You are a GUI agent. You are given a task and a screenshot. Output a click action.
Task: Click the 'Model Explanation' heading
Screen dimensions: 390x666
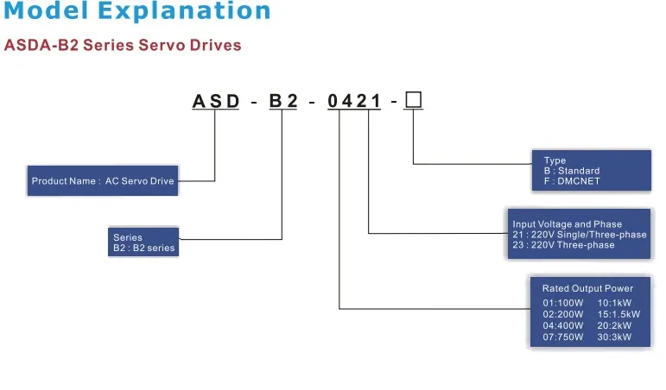tap(136, 13)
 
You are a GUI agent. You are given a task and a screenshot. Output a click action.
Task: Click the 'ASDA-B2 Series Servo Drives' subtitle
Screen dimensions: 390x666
tap(123, 45)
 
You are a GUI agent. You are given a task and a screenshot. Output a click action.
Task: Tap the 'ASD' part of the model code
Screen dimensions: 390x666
tap(215, 101)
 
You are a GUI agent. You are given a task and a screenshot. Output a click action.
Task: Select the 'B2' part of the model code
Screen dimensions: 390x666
tap(282, 101)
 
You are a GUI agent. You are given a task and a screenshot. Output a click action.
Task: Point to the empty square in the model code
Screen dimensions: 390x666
tap(414, 100)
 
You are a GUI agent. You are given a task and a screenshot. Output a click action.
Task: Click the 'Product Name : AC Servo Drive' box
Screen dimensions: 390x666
tap(103, 181)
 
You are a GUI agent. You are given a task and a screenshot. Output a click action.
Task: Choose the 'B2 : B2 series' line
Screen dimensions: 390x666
tap(144, 248)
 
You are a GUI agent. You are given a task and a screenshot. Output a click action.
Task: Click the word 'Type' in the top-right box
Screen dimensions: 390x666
tap(555, 160)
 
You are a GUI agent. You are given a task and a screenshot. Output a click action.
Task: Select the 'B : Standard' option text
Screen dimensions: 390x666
tap(572, 171)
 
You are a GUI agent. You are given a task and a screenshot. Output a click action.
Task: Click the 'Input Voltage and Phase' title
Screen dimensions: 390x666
tap(567, 224)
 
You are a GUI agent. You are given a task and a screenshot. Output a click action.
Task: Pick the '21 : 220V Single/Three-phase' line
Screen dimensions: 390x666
tap(580, 235)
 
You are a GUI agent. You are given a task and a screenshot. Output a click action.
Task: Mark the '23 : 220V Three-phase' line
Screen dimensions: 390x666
tap(563, 245)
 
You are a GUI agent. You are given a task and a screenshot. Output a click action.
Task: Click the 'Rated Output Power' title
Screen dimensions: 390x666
tap(587, 288)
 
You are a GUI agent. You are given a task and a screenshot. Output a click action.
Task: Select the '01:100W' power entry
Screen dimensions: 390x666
tap(563, 303)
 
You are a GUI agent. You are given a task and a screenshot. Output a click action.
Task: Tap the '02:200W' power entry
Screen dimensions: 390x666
tap(563, 315)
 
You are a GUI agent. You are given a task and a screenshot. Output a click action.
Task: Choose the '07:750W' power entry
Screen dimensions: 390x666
tap(563, 337)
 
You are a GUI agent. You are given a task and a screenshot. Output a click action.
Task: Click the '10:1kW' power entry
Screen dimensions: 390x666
tap(614, 303)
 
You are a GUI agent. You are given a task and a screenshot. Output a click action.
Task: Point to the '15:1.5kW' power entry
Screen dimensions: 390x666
tap(618, 315)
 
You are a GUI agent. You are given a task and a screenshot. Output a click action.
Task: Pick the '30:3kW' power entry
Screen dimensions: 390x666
tap(614, 337)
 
